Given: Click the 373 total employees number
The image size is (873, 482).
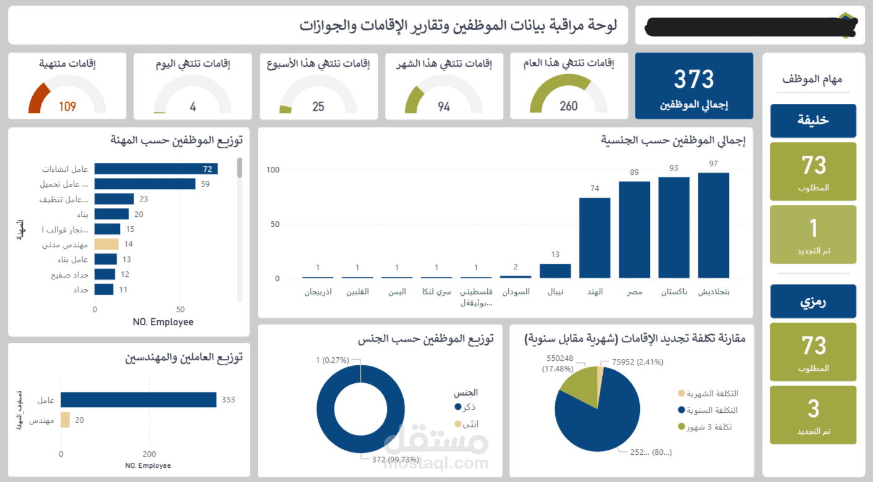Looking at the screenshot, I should click(x=694, y=80).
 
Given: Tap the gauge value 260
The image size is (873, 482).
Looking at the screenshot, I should click(x=568, y=106).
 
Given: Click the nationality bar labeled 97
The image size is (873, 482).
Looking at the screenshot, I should click(x=713, y=225).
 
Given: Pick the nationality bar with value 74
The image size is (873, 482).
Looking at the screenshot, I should click(x=595, y=238).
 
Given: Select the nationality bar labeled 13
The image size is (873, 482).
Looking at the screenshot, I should click(x=555, y=271).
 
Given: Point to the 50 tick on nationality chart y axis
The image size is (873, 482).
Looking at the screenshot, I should click(x=273, y=224).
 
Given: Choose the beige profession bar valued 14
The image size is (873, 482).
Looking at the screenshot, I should click(x=106, y=244).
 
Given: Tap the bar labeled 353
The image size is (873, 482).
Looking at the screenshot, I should click(x=138, y=400).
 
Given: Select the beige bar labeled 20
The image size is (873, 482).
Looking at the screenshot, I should click(x=65, y=420).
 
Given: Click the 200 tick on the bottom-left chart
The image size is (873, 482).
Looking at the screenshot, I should click(x=150, y=454).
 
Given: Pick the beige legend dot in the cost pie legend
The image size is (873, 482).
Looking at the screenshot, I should click(x=681, y=394).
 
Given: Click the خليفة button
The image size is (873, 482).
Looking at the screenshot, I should click(x=813, y=120).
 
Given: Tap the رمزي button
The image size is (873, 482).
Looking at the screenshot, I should click(x=813, y=302).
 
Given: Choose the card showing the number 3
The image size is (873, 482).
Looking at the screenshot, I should click(x=813, y=415).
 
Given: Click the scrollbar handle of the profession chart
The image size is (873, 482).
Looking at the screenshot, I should click(x=239, y=167).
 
